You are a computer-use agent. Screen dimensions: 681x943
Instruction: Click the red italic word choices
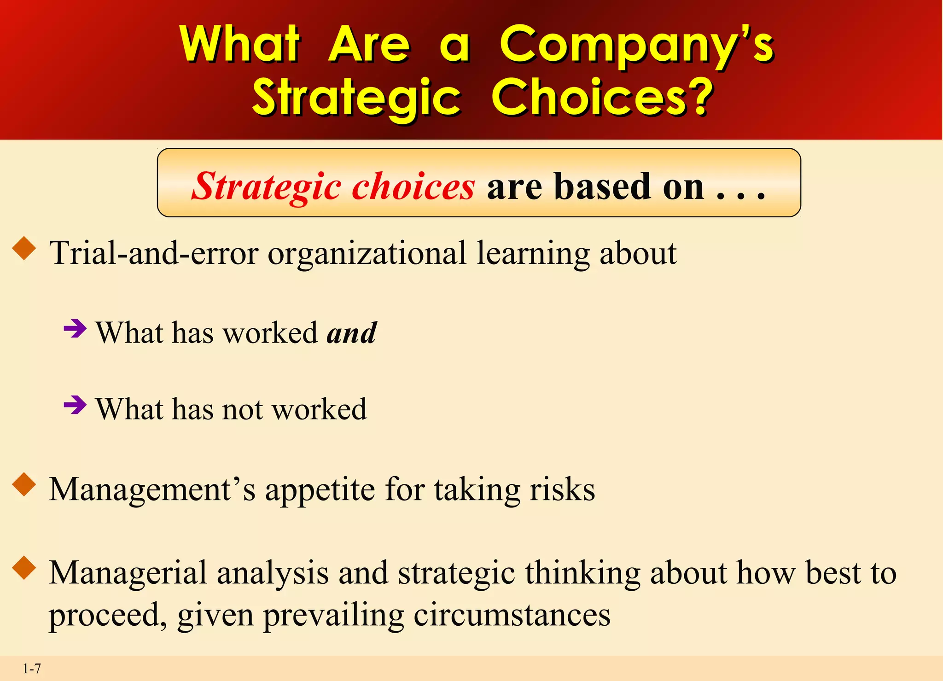point(413,186)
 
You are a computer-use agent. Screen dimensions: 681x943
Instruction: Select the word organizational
point(367,253)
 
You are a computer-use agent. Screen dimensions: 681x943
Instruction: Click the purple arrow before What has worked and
point(75,329)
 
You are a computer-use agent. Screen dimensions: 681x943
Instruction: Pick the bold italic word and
point(352,332)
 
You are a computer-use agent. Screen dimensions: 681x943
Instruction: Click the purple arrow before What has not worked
point(75,405)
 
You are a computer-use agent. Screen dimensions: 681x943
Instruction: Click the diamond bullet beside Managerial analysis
point(24,568)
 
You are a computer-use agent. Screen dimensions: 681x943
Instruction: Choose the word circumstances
point(512,615)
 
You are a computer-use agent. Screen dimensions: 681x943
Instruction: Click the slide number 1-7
point(32,669)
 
